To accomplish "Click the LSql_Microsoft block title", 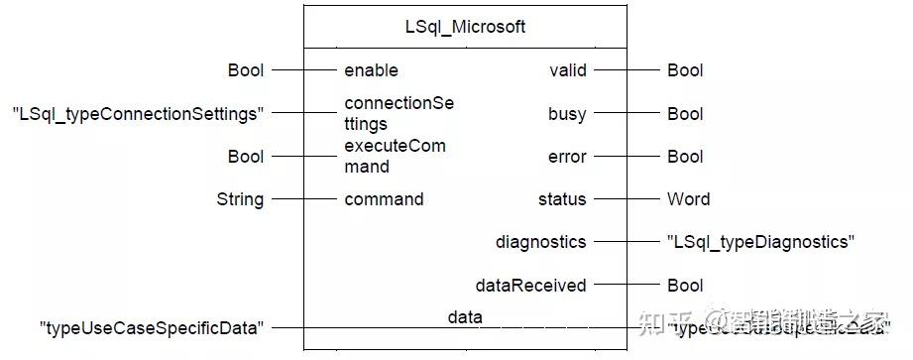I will click(465, 27).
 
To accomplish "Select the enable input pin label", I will click(371, 70).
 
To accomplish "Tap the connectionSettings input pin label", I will click(395, 113).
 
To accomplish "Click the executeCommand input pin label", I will click(395, 156).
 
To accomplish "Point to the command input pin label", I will click(384, 199).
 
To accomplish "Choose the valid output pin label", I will click(568, 70).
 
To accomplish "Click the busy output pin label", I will click(567, 114).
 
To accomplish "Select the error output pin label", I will click(567, 157).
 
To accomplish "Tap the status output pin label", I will click(562, 199).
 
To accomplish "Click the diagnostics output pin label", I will click(541, 242).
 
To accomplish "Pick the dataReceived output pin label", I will click(532, 286).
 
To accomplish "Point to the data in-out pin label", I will click(465, 317).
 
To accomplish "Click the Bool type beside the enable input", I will click(245, 70).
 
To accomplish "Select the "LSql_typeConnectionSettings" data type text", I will click(138, 114).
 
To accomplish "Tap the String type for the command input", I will click(240, 199).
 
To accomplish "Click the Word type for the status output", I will click(688, 199).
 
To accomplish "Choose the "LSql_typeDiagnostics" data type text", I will click(760, 242).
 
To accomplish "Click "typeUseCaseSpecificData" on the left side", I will click(152, 328).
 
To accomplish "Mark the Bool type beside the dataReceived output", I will click(685, 286).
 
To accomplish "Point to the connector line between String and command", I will click(302, 199).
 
